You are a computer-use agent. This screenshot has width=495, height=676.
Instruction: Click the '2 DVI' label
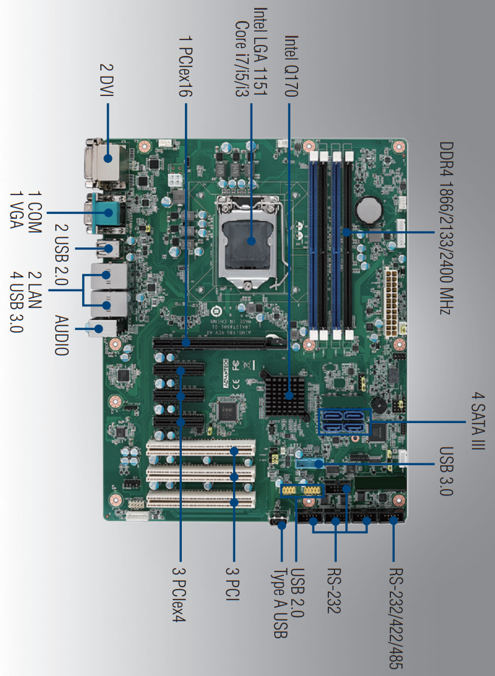pyautogui.click(x=107, y=80)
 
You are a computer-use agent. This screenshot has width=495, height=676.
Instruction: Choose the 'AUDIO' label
pyautogui.click(x=61, y=336)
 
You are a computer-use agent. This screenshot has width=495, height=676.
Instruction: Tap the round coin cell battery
pyautogui.click(x=369, y=210)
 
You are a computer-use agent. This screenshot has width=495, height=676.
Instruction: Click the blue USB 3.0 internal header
pyautogui.click(x=310, y=463)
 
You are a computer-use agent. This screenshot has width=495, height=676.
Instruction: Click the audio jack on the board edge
pyautogui.click(x=102, y=328)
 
